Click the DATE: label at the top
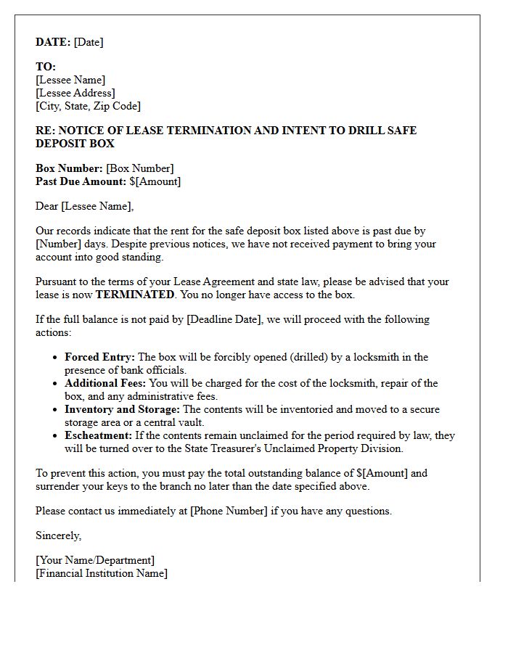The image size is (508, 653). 53,42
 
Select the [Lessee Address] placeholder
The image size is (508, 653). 75,93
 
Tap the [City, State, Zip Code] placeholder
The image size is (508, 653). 88,106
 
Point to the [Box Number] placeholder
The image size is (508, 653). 140,168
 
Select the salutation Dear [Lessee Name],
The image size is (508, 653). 84,207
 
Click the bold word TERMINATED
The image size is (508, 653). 135,295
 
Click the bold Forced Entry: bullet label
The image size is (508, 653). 99,357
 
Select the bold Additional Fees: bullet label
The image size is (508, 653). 105,383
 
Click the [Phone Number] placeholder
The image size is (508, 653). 229,511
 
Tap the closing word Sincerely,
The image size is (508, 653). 59,535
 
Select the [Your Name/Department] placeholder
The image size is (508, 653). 94,560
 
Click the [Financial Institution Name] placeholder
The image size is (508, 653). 101,573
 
